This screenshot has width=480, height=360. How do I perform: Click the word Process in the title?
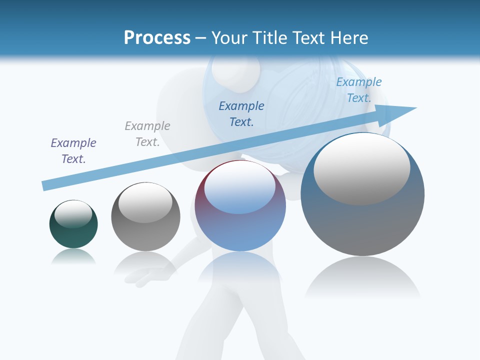pyautogui.click(x=157, y=38)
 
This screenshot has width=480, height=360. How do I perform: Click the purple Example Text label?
pyautogui.click(x=73, y=151)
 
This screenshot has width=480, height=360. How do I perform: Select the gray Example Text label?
pyautogui.click(x=147, y=134)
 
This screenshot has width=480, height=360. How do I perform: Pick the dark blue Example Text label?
pyautogui.click(x=241, y=113)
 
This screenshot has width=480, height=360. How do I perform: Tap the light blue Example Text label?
pyautogui.click(x=359, y=90)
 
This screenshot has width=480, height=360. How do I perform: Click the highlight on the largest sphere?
pyautogui.click(x=362, y=168)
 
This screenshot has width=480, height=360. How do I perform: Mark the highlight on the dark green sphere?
pyautogui.click(x=73, y=213)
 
